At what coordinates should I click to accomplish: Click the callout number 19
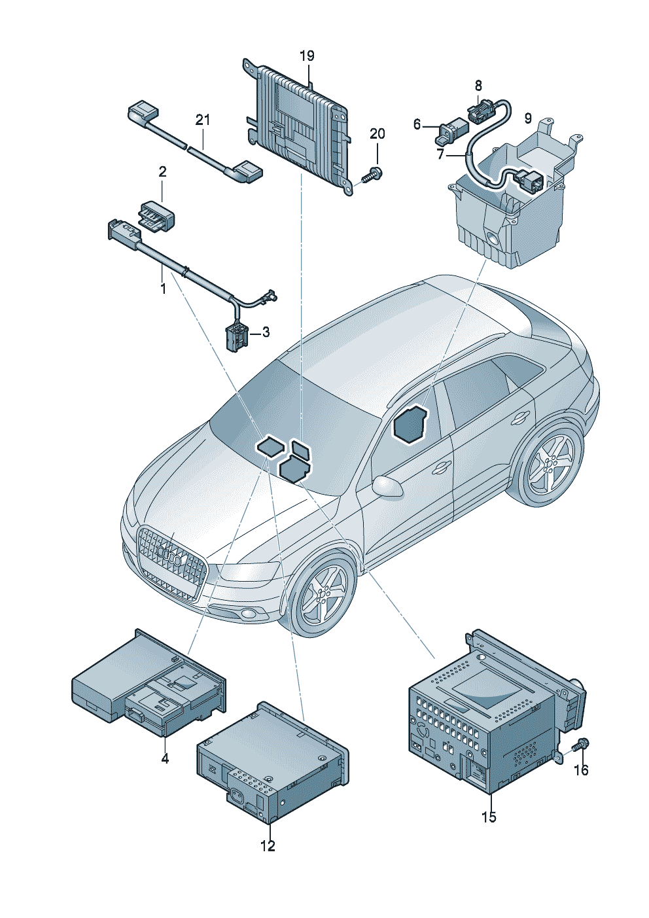click(307, 56)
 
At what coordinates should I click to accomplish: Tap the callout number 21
click(203, 120)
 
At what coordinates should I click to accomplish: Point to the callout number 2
click(162, 172)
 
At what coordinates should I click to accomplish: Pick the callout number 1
click(164, 287)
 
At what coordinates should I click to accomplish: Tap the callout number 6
click(417, 124)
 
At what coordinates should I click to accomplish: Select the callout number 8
click(478, 85)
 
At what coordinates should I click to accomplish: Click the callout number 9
click(528, 118)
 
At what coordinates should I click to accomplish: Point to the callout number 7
click(440, 154)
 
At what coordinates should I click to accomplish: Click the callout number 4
click(165, 758)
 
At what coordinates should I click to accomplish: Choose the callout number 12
click(268, 846)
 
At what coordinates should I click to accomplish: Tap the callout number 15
click(489, 817)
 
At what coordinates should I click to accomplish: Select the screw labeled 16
click(581, 745)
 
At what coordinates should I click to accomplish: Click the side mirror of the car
click(387, 485)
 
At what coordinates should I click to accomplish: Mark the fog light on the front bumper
click(249, 614)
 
